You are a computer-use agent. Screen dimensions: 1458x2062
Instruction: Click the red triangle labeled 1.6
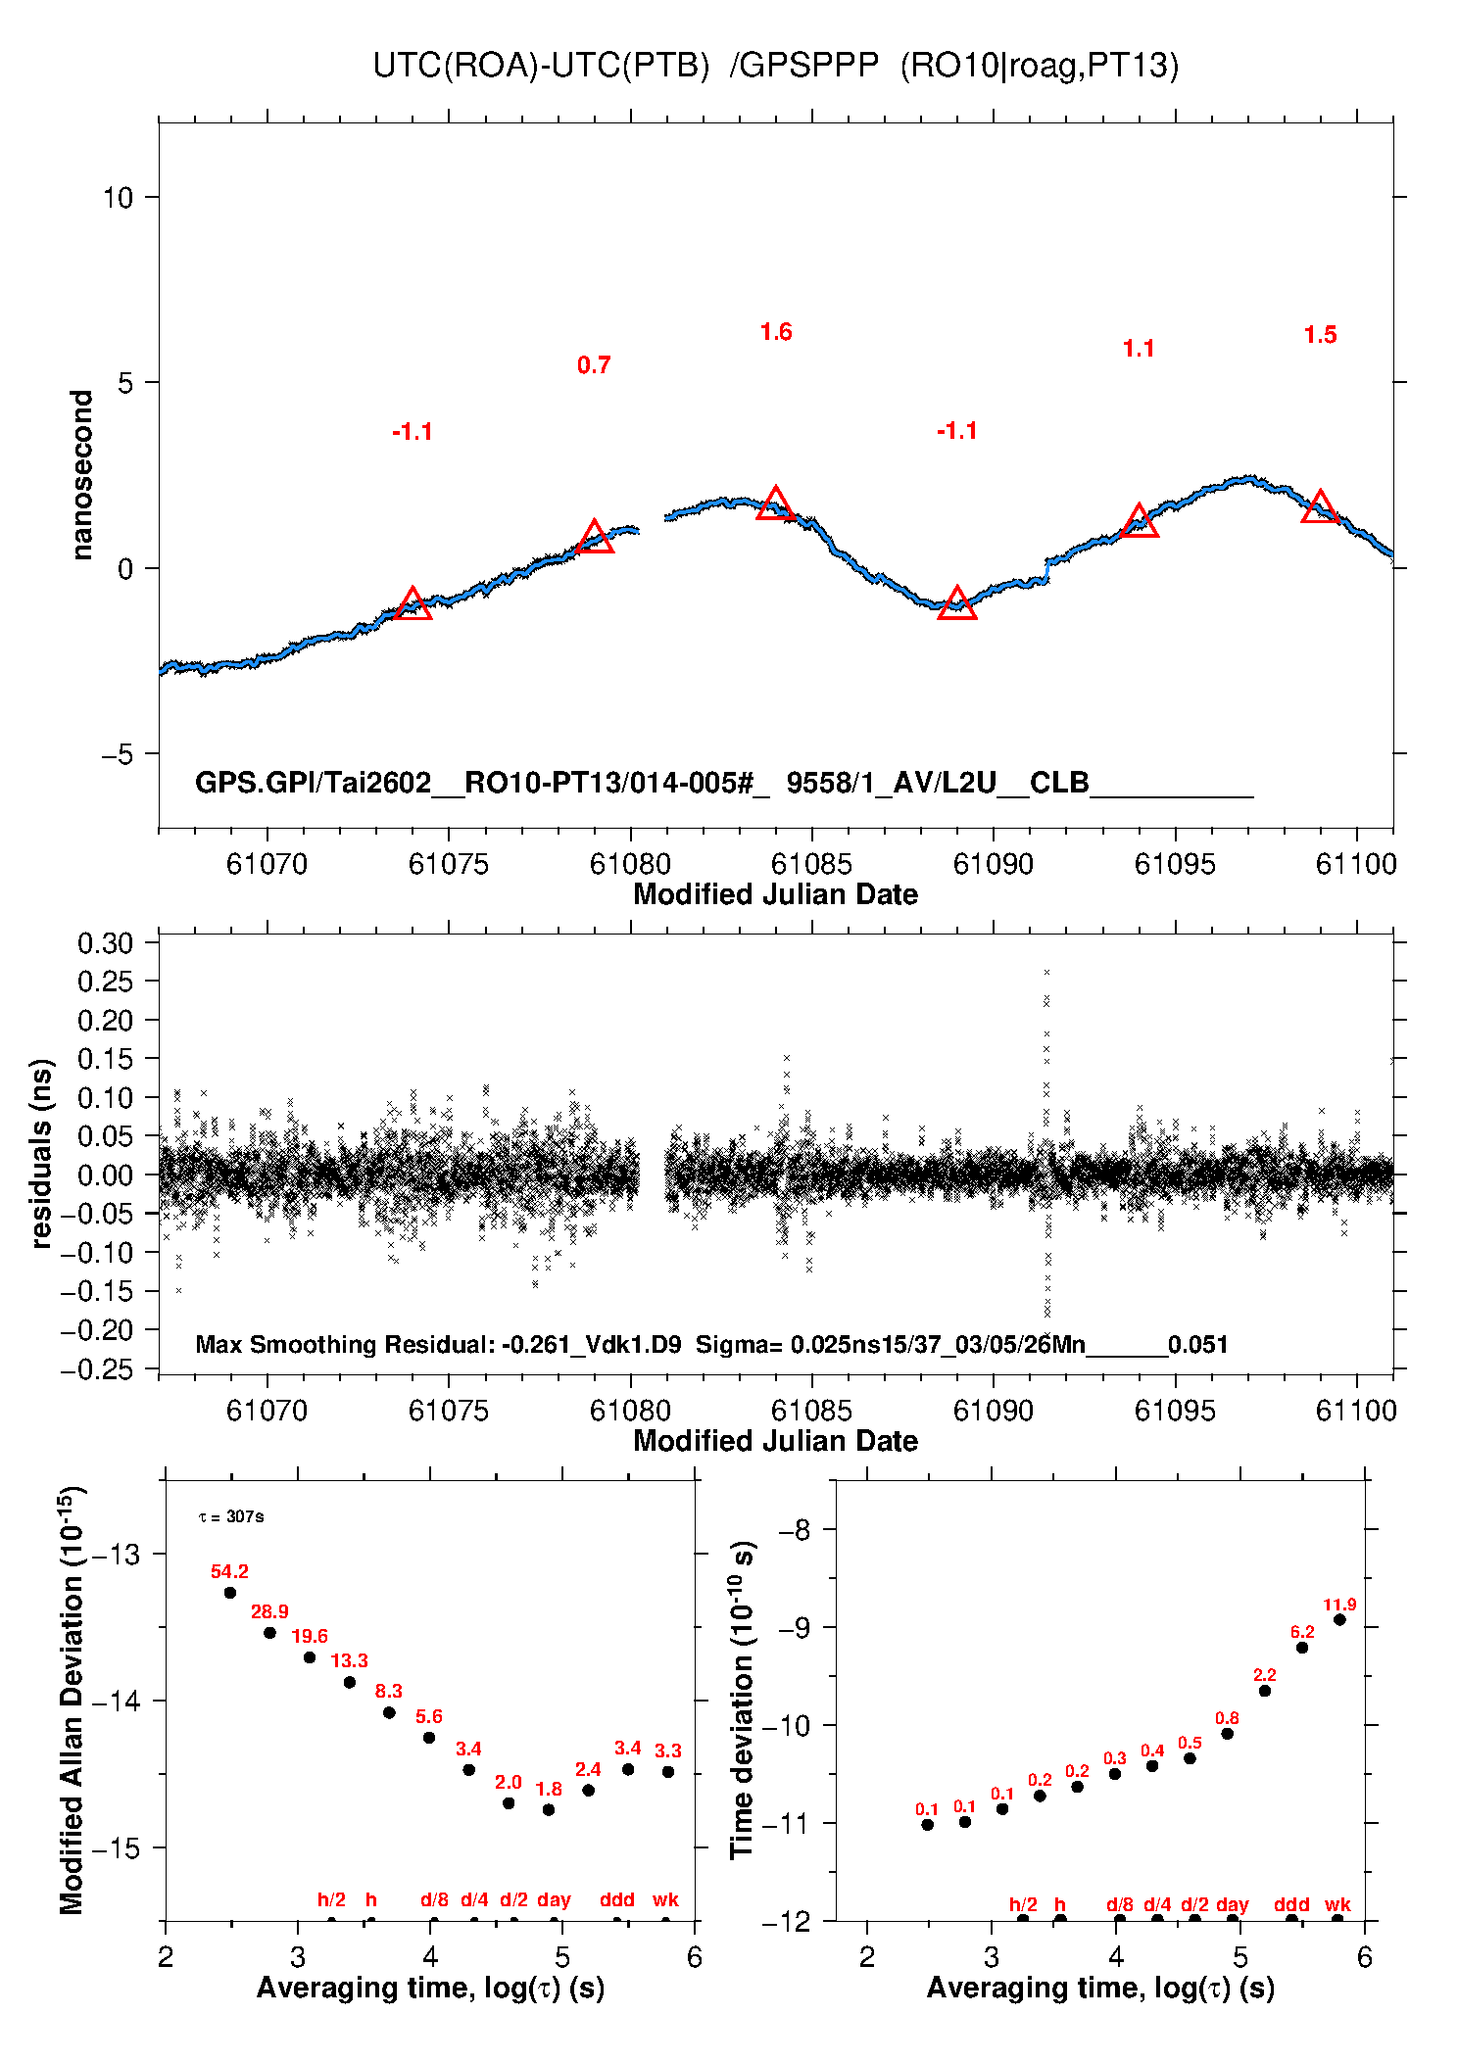(x=775, y=504)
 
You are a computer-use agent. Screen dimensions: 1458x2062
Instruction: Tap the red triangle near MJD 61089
(x=956, y=603)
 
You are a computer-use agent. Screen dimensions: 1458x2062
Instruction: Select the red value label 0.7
(x=594, y=365)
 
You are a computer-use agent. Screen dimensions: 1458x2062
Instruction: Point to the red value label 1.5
(x=1320, y=335)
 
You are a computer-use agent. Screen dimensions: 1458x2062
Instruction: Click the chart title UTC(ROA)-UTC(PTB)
(x=541, y=66)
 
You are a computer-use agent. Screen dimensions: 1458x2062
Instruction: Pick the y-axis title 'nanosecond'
(x=81, y=474)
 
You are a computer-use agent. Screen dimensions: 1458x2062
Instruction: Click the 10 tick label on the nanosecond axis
(x=118, y=198)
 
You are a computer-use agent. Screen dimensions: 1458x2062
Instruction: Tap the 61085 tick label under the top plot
(x=811, y=864)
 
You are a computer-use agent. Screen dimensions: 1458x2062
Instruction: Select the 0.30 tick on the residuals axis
(x=105, y=943)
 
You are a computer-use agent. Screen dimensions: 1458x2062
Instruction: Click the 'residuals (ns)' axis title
(x=41, y=1153)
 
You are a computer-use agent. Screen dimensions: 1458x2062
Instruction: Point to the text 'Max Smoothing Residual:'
(x=345, y=1344)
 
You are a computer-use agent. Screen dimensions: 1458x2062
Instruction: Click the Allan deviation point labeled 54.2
(x=230, y=1593)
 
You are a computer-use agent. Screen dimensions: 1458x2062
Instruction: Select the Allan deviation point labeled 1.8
(x=549, y=1810)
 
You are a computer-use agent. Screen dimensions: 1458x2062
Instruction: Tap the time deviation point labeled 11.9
(x=1339, y=1620)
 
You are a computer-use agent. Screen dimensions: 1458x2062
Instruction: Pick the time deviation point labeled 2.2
(x=1265, y=1691)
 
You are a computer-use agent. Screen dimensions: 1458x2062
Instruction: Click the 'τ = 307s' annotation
(x=231, y=1517)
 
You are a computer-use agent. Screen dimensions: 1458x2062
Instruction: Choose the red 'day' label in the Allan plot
(x=554, y=1900)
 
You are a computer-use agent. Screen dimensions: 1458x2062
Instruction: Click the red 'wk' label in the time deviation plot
(x=1337, y=1905)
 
